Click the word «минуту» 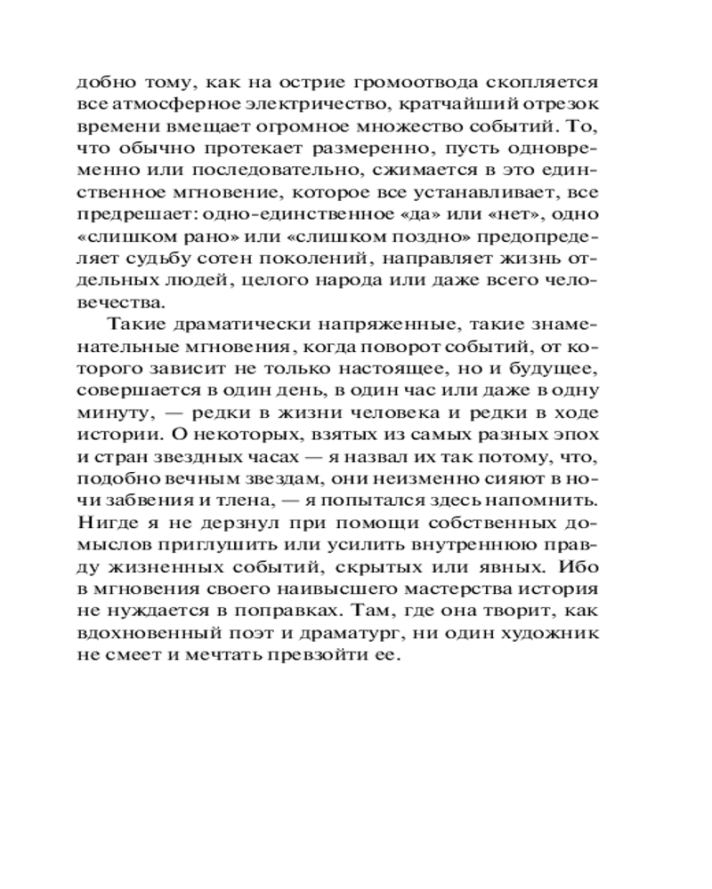tap(107, 412)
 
